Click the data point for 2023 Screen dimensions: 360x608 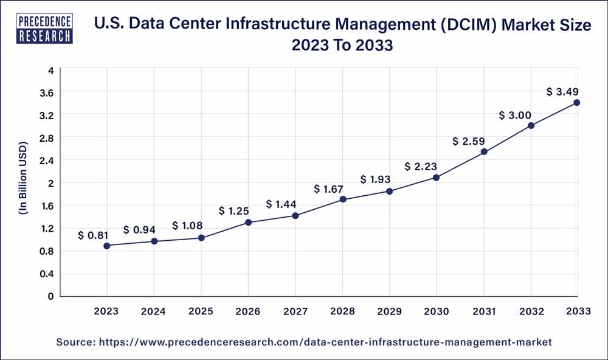pyautogui.click(x=107, y=246)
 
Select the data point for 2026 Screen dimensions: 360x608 pyautogui.click(x=248, y=223)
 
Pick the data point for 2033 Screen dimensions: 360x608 pyautogui.click(x=576, y=103)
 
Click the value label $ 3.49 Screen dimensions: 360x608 pyautogui.click(x=562, y=92)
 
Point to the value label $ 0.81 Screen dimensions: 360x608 pyautogui.click(x=93, y=235)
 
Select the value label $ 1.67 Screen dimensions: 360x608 pyautogui.click(x=329, y=189)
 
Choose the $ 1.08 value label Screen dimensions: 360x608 pyautogui.click(x=187, y=226)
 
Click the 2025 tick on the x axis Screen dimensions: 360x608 pyautogui.click(x=201, y=311)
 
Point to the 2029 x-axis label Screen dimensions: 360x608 pyautogui.click(x=390, y=311)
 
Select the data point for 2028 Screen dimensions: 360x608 pyautogui.click(x=343, y=199)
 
